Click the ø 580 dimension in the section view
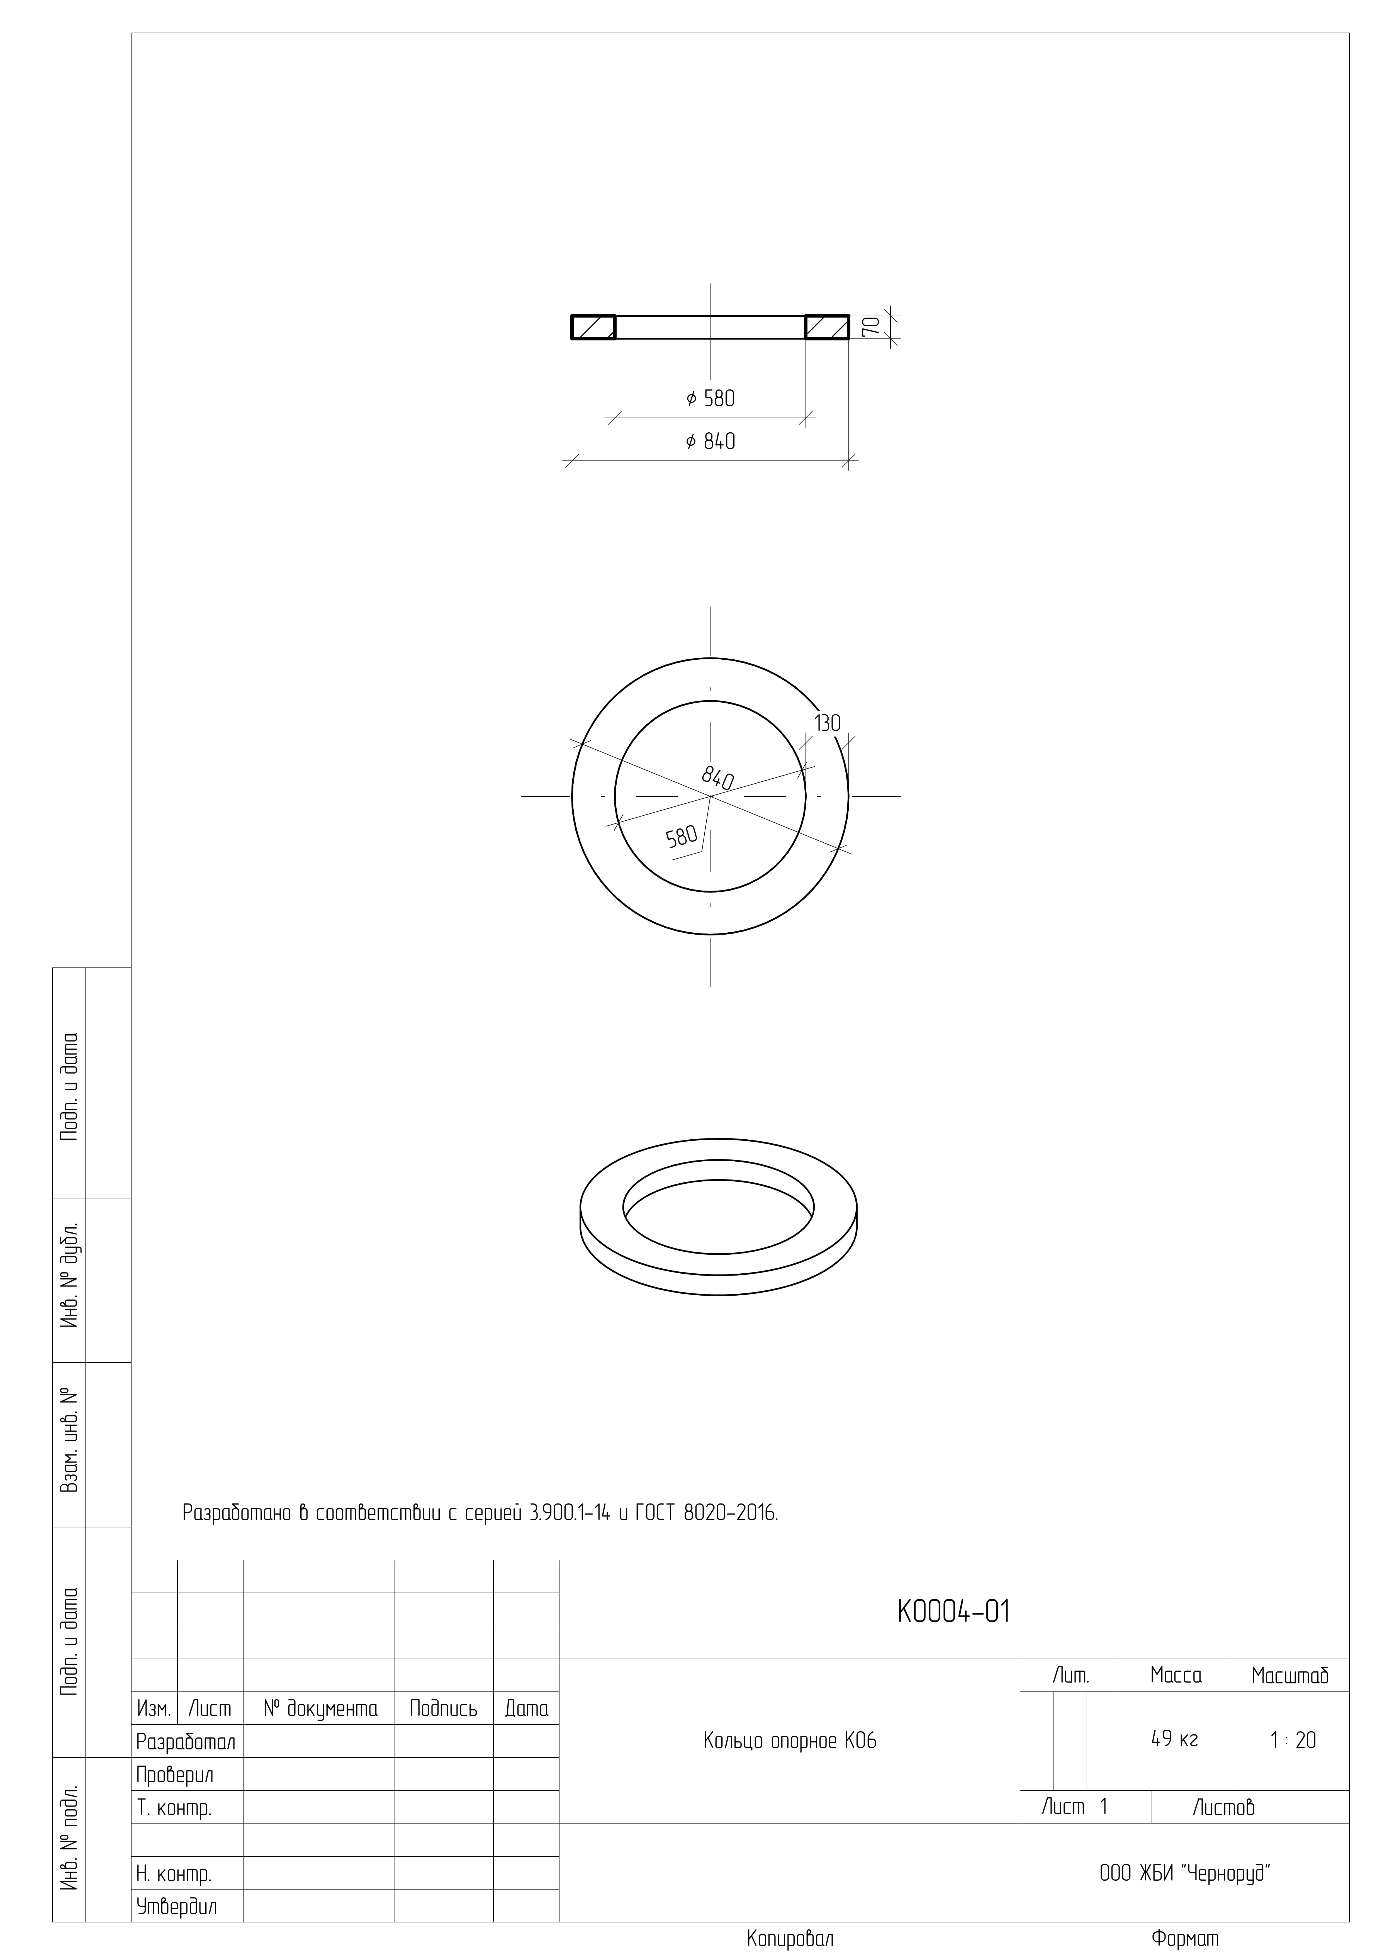[710, 398]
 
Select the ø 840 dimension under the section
[710, 441]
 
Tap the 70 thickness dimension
[870, 327]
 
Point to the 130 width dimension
[827, 723]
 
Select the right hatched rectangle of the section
[827, 327]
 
